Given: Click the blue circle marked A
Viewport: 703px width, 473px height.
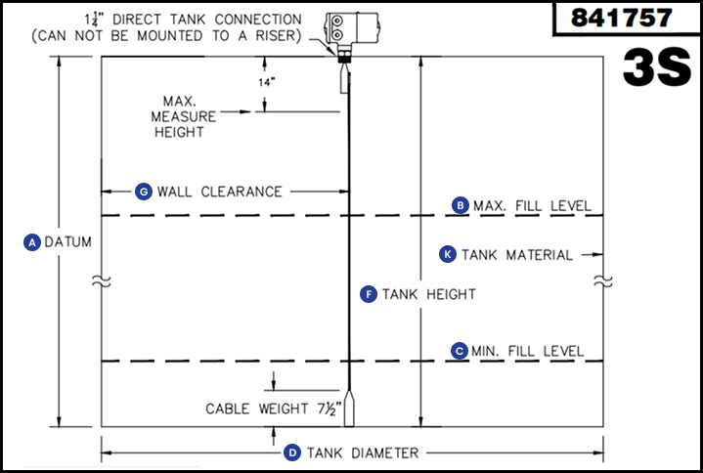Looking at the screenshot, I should point(31,242).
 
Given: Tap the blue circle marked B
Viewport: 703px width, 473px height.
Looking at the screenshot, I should point(460,205).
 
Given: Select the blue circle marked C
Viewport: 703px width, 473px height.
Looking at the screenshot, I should point(460,351).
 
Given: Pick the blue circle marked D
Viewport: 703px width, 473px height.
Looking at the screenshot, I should point(291,452).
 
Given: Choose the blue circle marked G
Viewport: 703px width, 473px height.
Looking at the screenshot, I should point(143,192).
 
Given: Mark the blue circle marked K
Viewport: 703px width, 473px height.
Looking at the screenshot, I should point(448,254).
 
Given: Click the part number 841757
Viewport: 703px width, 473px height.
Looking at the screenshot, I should point(622,18).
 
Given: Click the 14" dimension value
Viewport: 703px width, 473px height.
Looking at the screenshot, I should point(267,83).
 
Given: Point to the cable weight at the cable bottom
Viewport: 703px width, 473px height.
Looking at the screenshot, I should point(349,410).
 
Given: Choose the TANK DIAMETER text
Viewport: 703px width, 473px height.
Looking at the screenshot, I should point(363,452).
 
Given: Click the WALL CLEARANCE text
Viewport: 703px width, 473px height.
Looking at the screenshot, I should point(219,192).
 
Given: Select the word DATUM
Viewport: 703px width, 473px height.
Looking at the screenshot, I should point(66,242).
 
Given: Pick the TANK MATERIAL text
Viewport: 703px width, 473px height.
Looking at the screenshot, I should point(517,254).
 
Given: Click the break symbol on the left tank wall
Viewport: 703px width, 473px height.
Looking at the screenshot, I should point(102,281).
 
